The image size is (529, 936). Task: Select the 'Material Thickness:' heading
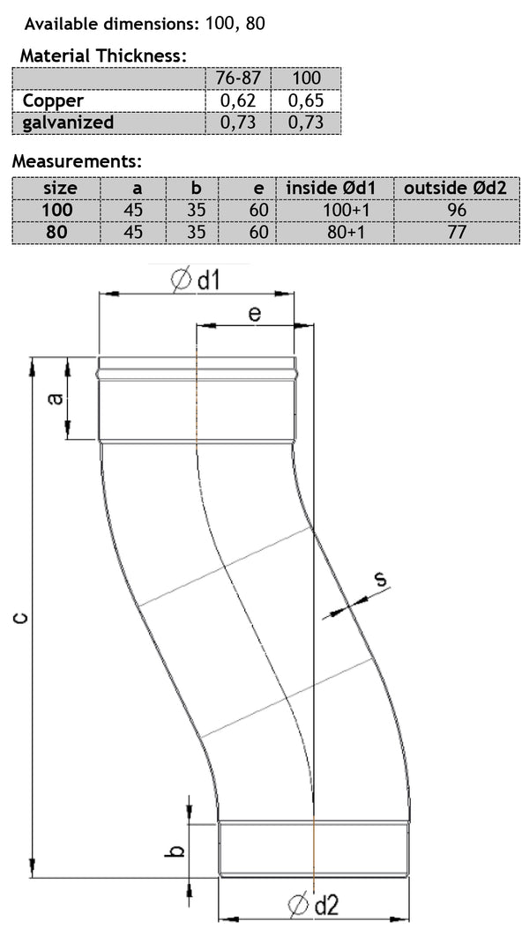point(103,56)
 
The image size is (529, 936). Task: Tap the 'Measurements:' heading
point(77,162)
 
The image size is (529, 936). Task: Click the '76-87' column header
point(235,78)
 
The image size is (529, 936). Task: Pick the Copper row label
point(53,100)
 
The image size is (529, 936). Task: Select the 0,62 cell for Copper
point(235,100)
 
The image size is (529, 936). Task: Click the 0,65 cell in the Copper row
point(305,100)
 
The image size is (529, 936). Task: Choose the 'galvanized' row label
point(68,123)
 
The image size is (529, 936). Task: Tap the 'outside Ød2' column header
point(455,188)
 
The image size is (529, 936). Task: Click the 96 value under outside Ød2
point(456,211)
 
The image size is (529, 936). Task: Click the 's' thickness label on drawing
point(380,579)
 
